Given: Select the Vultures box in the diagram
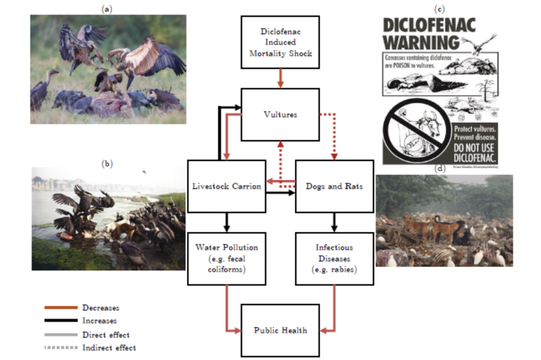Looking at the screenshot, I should [280, 114].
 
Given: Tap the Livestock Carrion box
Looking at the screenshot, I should [226, 186].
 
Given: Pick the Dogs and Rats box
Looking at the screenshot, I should [334, 186].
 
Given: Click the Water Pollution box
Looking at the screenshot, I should [226, 258].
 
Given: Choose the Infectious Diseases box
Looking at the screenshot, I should [334, 258].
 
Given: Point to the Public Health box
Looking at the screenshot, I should [280, 330].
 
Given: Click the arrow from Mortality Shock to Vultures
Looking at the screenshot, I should [280, 78].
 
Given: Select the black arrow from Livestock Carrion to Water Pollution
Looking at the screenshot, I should [226, 222].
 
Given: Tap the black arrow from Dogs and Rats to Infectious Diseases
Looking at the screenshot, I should [334, 222].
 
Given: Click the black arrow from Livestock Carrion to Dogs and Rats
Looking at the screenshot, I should [280, 193].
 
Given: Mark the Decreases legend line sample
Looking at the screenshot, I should [61, 308].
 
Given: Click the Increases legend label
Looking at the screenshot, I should [99, 321].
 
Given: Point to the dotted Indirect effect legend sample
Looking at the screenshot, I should [61, 348].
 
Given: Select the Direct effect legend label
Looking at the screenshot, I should [106, 335].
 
